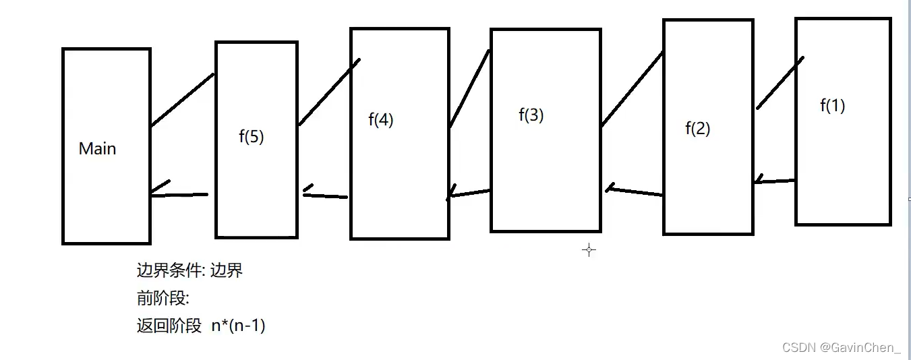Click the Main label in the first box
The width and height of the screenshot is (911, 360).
click(97, 149)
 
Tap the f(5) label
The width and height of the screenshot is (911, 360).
click(252, 137)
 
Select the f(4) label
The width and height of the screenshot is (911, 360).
click(381, 120)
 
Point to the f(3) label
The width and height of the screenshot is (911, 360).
click(531, 115)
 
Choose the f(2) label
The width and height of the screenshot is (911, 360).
click(698, 128)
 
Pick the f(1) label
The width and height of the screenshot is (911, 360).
click(833, 105)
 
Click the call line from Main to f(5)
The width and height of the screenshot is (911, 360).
click(182, 100)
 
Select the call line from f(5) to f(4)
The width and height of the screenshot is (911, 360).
click(329, 92)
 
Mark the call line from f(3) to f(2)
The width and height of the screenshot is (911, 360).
click(632, 89)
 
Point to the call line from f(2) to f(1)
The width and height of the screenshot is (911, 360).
click(780, 83)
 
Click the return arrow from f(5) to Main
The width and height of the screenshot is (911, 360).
click(179, 194)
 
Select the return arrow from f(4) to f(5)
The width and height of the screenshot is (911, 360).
click(325, 196)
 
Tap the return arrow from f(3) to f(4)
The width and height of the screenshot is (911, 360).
click(469, 193)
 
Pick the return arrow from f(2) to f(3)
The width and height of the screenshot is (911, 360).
click(634, 191)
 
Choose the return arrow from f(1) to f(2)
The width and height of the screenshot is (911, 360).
click(775, 181)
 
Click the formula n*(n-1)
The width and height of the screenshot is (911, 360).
click(238, 326)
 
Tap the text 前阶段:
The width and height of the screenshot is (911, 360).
click(163, 298)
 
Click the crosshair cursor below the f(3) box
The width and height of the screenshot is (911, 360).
click(589, 250)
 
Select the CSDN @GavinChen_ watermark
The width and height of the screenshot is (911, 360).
click(841, 348)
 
